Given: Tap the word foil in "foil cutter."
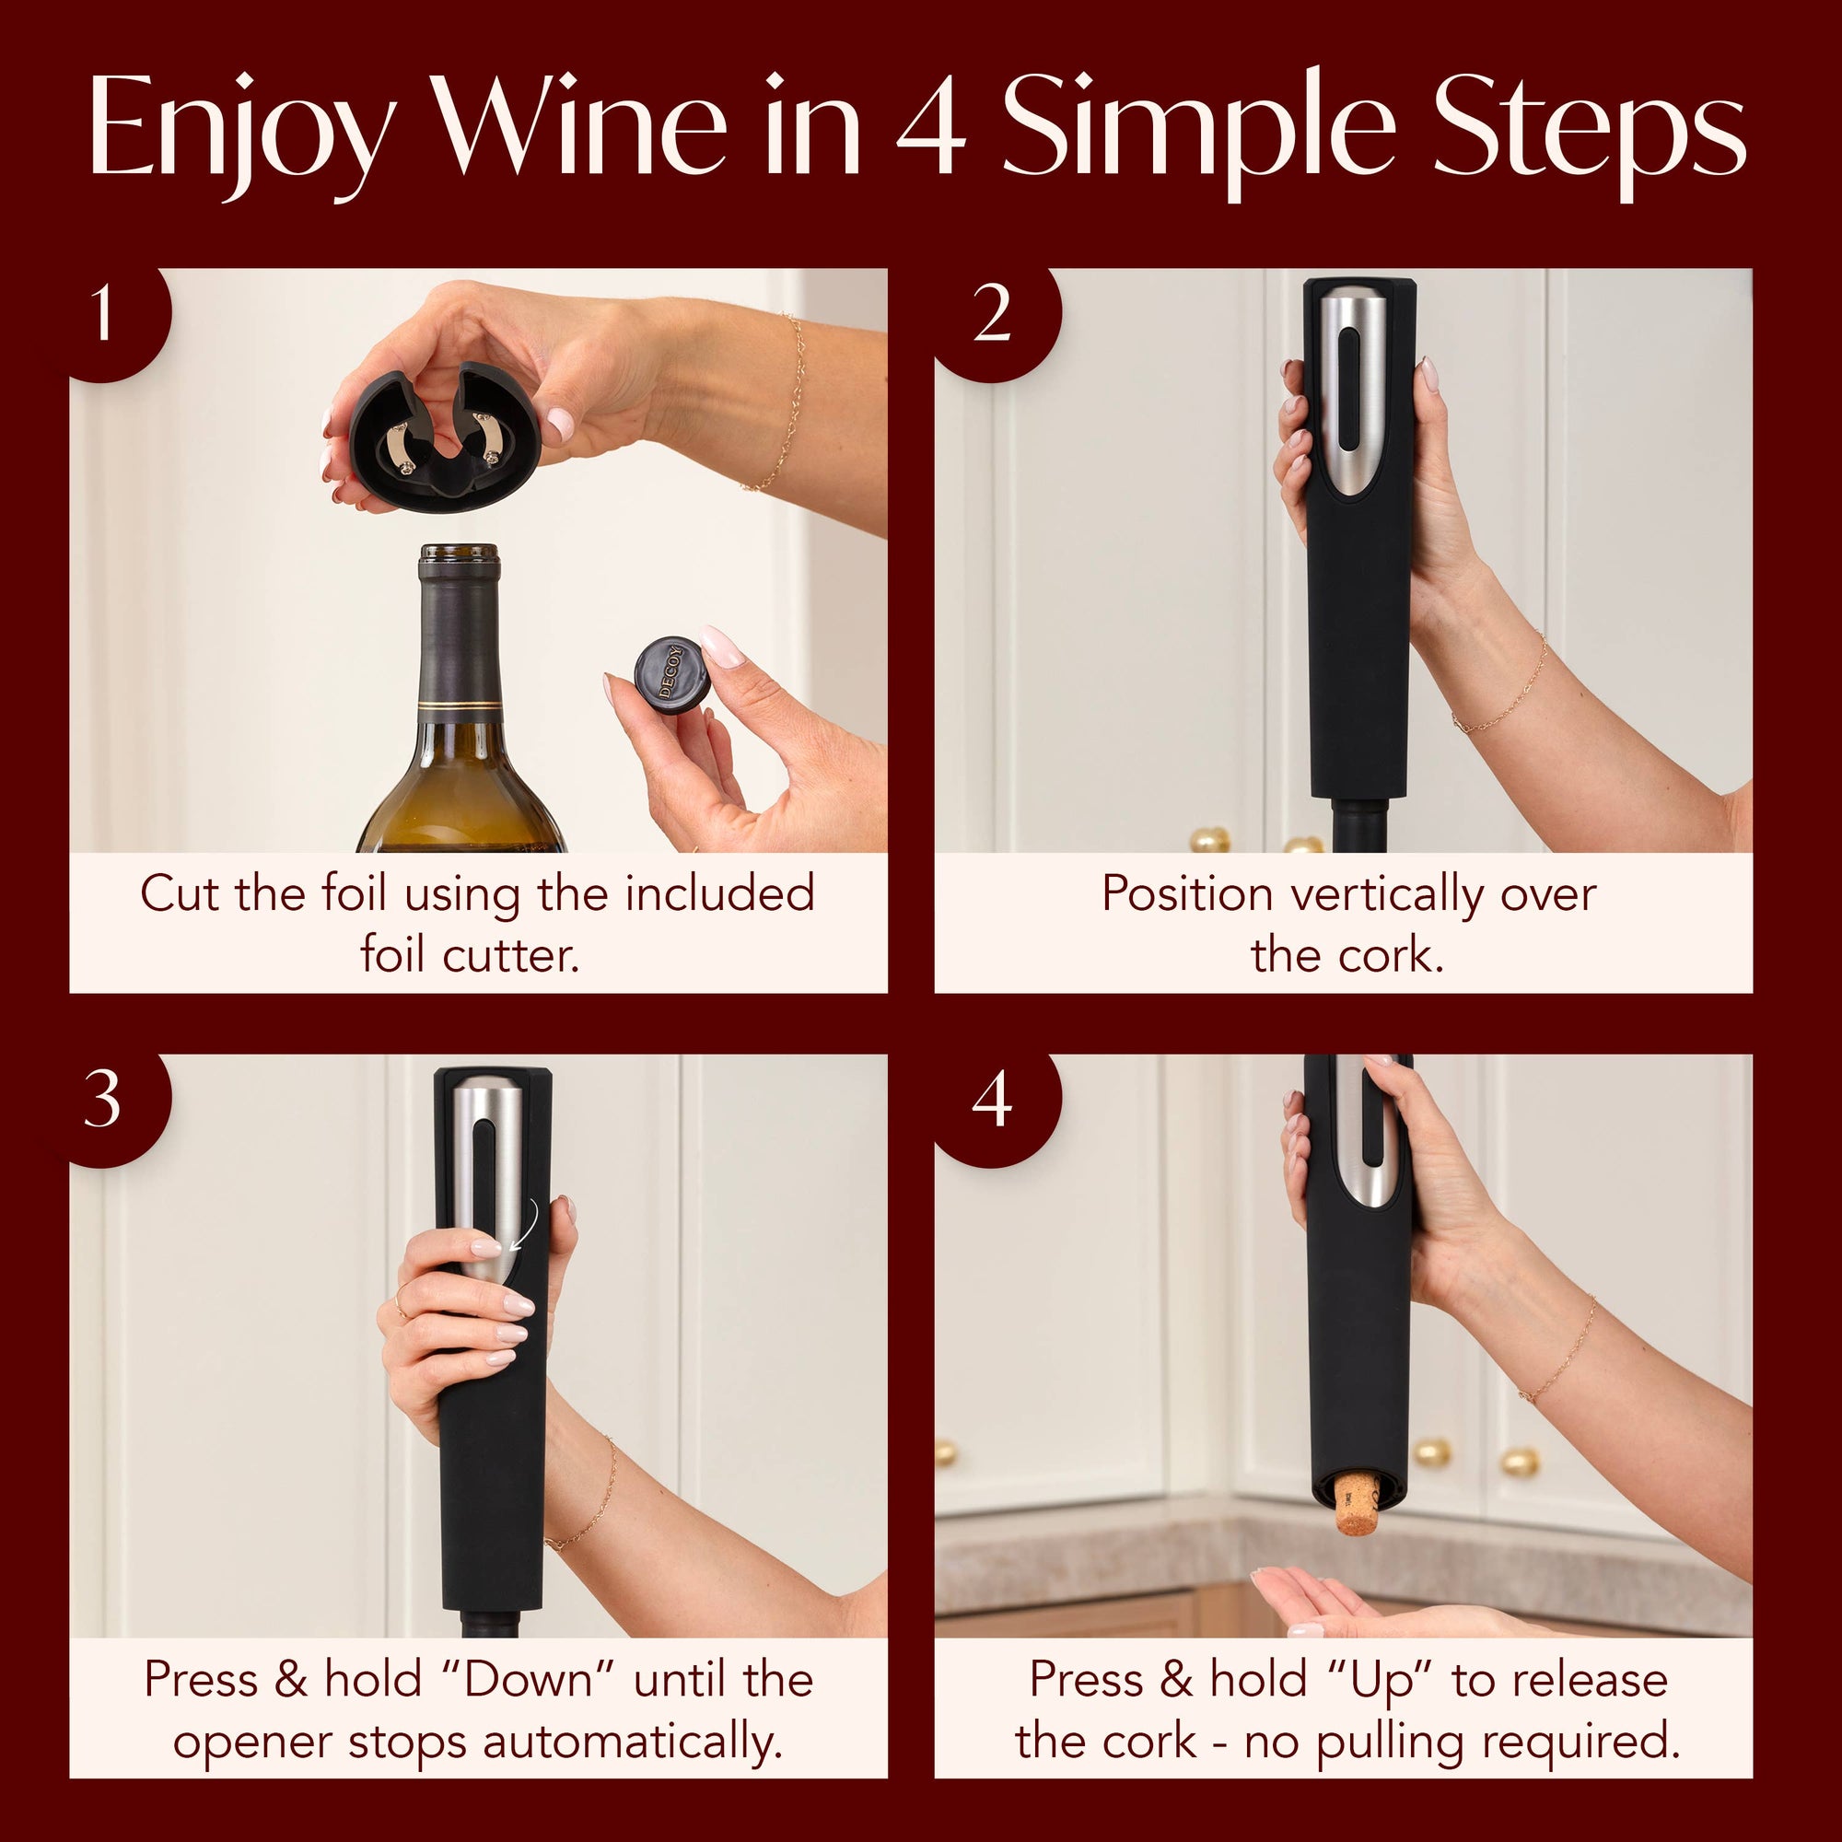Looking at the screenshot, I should click(391, 953).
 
